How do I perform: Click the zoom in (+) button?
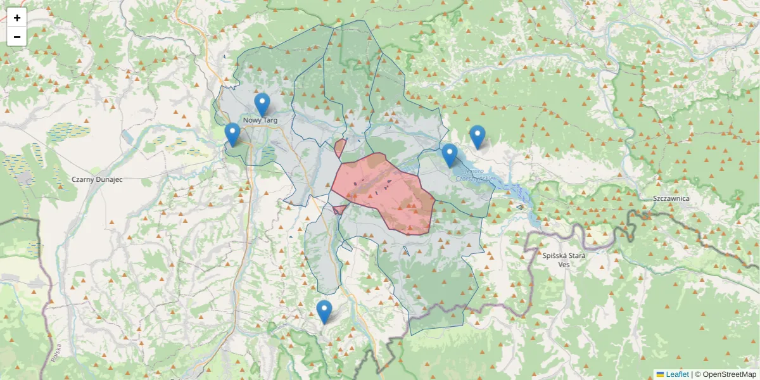pyautogui.click(x=17, y=18)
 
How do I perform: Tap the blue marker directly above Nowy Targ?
pyautogui.click(x=262, y=104)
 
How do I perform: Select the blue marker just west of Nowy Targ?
pyautogui.click(x=232, y=134)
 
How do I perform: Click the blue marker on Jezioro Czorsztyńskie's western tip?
pyautogui.click(x=450, y=155)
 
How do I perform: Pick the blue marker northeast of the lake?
pyautogui.click(x=478, y=137)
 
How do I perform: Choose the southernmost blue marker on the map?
pyautogui.click(x=324, y=312)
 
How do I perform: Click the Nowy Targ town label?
pyautogui.click(x=260, y=120)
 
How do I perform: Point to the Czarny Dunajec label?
pyautogui.click(x=97, y=179)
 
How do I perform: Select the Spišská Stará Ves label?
pyautogui.click(x=564, y=260)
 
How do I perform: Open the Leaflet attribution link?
pyautogui.click(x=677, y=374)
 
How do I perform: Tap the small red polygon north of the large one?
pyautogui.click(x=339, y=148)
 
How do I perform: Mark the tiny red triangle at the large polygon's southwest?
pyautogui.click(x=338, y=209)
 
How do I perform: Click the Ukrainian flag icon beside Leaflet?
pyautogui.click(x=660, y=374)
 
